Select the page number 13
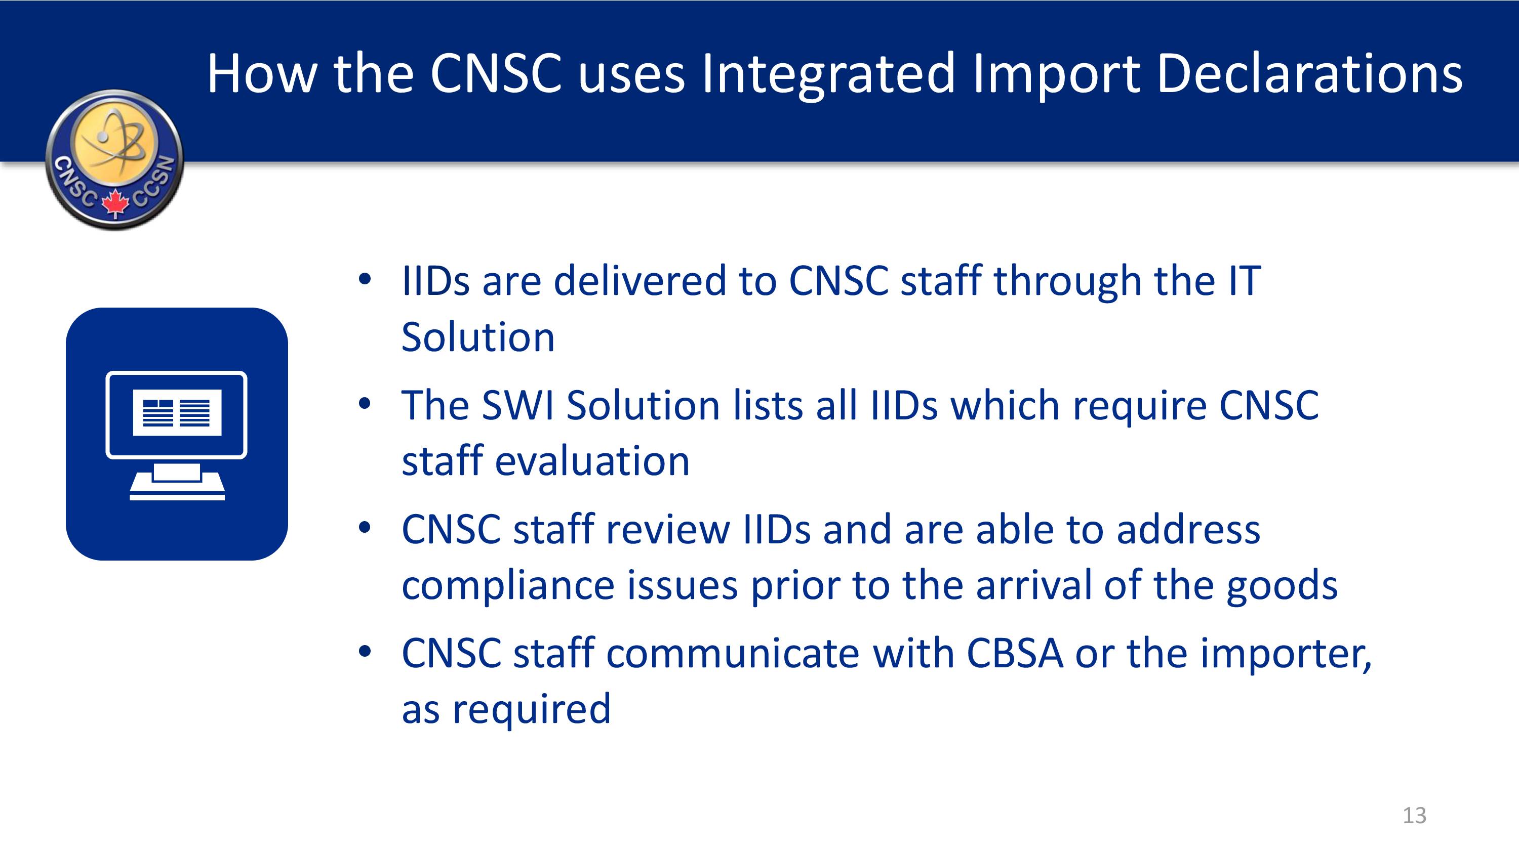click(1414, 816)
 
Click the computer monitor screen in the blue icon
click(176, 414)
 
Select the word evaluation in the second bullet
click(592, 461)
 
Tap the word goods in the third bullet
click(1282, 587)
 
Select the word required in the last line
click(531, 710)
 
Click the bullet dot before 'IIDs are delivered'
click(365, 279)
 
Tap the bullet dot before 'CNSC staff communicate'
click(365, 651)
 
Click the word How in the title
click(262, 74)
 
